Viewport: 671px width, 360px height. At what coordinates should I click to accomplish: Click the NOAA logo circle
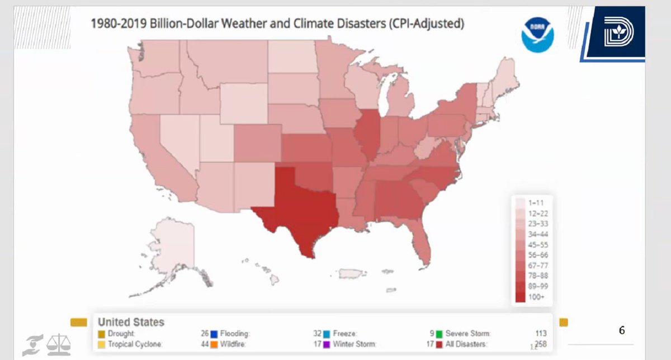click(537, 35)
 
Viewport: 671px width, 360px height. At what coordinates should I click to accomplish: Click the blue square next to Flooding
click(214, 334)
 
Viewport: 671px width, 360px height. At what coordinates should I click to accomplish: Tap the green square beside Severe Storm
click(440, 334)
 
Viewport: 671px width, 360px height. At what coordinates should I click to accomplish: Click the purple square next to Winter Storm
click(327, 344)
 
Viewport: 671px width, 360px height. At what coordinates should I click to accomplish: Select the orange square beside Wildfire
click(214, 344)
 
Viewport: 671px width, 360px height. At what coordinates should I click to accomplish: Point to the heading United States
click(131, 322)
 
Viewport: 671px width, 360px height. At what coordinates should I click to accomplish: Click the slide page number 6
click(622, 330)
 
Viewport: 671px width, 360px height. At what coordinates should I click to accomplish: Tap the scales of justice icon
click(59, 345)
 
